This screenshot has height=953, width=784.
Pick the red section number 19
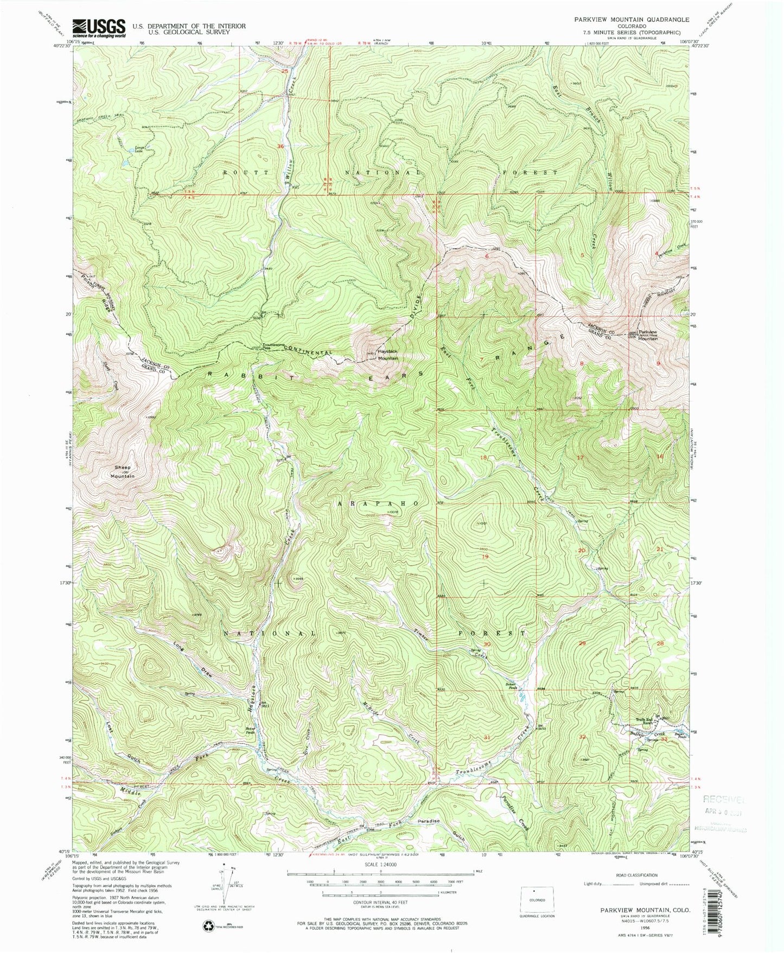tap(485, 557)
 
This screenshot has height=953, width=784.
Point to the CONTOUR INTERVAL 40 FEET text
tap(380, 914)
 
